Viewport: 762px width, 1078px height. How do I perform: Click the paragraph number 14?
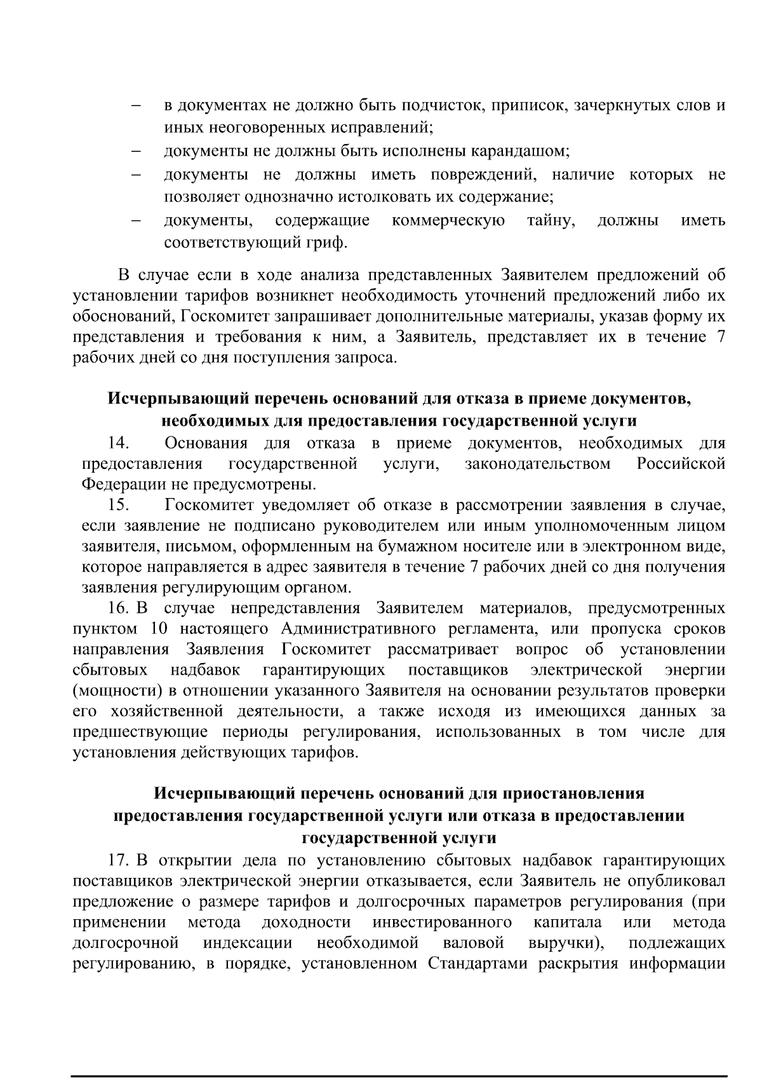118,443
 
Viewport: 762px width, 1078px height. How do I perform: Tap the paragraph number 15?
118,505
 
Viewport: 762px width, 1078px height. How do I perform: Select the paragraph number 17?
119,861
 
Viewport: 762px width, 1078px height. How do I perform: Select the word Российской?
681,464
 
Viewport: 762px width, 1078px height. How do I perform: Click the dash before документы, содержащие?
136,221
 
